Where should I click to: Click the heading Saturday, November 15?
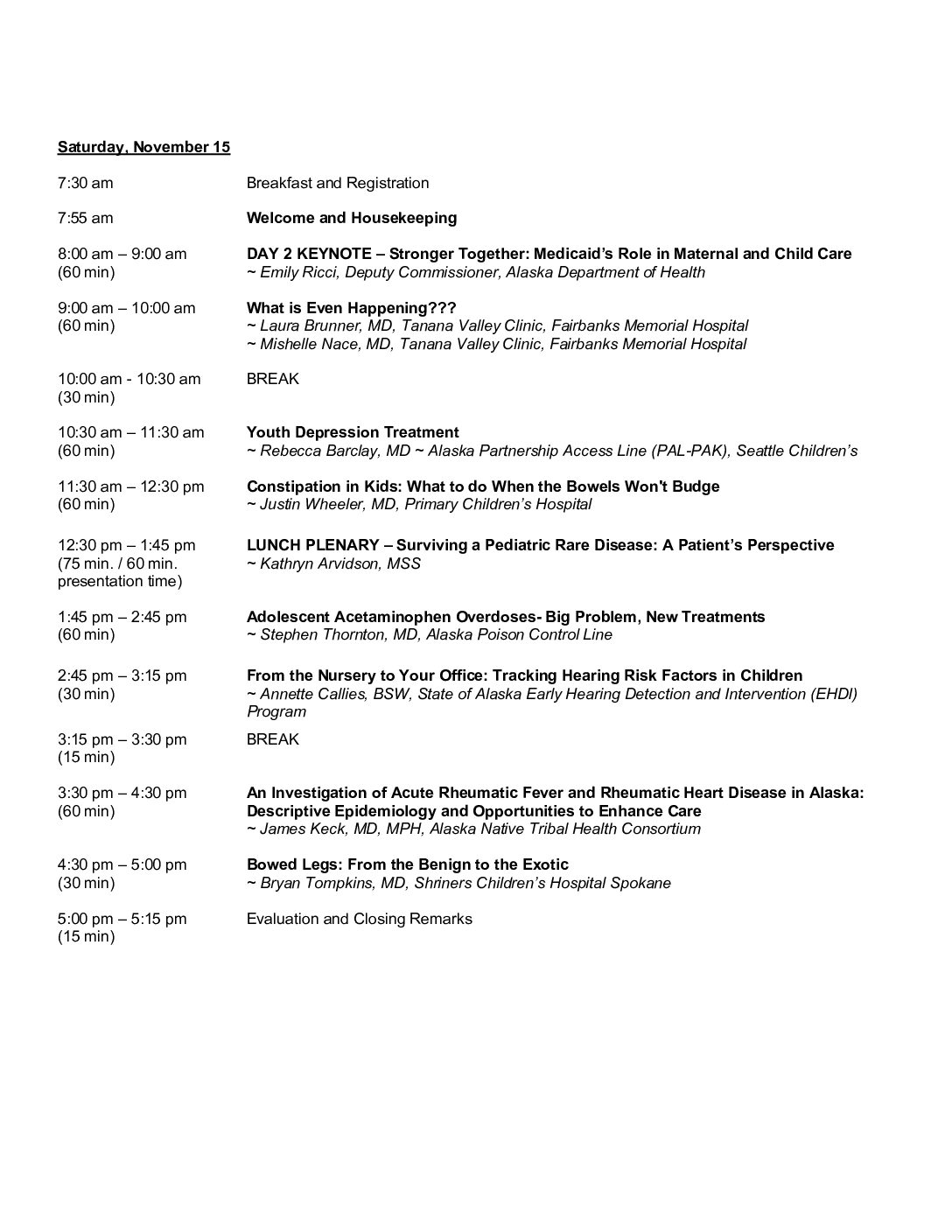coord(143,147)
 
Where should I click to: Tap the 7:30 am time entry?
coord(86,183)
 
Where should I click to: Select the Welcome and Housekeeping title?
coord(352,218)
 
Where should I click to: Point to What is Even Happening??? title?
coord(352,308)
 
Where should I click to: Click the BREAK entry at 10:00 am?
coord(273,379)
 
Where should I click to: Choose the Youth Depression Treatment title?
coord(353,432)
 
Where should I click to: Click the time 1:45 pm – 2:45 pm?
coord(122,617)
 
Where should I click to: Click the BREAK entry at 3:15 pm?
coord(273,739)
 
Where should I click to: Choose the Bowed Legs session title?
coord(408,864)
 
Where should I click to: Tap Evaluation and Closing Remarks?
coord(360,919)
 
